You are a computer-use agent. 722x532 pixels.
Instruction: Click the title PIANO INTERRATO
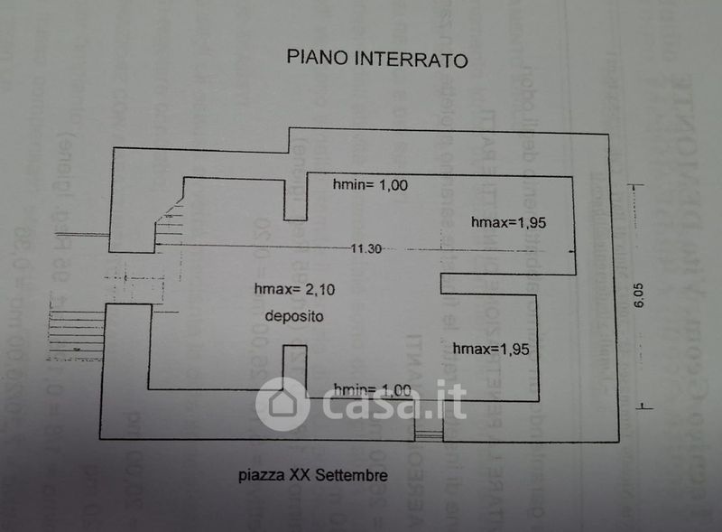click(x=377, y=60)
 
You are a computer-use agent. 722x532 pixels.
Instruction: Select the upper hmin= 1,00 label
click(x=371, y=185)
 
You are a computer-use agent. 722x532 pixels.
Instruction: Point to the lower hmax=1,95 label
click(x=489, y=348)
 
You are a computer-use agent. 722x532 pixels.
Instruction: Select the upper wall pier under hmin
click(x=294, y=200)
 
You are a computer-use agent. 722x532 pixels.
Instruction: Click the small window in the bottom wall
click(x=428, y=436)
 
